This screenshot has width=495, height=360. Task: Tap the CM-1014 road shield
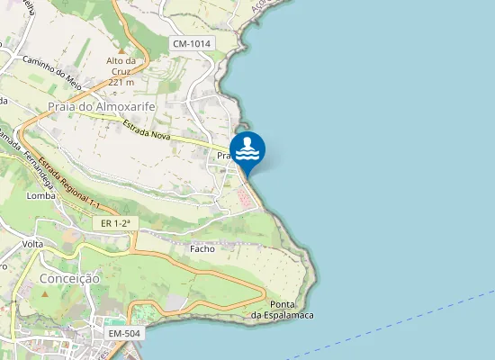[x=191, y=43]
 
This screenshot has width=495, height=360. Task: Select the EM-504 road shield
[x=125, y=334]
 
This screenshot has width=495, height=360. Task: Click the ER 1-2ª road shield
[x=116, y=222]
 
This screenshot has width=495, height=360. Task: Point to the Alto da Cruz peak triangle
[x=121, y=50]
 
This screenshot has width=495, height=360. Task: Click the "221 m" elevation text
[x=121, y=82]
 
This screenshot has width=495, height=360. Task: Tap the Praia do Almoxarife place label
[x=102, y=106]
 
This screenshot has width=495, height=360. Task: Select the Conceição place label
[x=69, y=279]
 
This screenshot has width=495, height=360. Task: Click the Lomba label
[x=41, y=195]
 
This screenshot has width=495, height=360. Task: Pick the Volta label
[x=33, y=245]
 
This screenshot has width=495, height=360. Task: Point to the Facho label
[x=202, y=248]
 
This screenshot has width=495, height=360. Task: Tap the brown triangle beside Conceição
[x=44, y=294]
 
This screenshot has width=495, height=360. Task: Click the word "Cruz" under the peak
[x=121, y=71]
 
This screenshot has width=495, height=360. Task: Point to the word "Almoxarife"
[x=121, y=106]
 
